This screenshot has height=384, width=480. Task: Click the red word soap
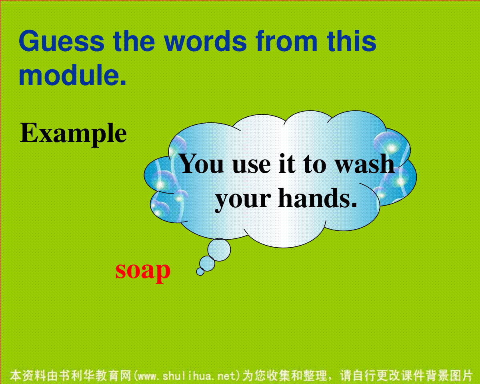(143, 271)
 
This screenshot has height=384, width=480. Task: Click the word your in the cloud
(243, 200)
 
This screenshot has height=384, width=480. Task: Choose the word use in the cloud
(252, 166)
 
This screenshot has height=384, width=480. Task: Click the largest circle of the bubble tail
(219, 250)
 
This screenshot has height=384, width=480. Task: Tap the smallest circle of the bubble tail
(200, 271)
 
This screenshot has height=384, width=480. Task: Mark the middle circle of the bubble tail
(207, 264)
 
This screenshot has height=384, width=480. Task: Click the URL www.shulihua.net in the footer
(187, 376)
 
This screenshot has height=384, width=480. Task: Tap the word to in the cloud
(315, 165)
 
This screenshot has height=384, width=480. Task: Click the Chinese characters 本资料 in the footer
(28, 376)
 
